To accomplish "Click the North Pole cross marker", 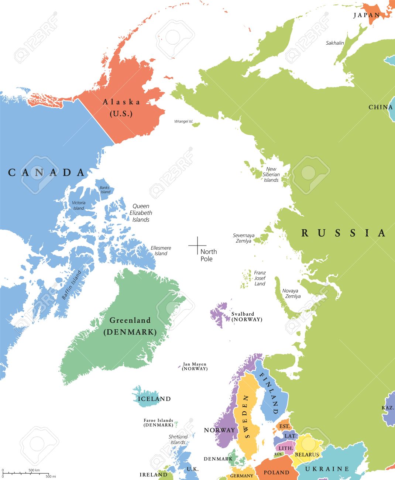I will point(197,246).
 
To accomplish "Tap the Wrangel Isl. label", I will point(183,121).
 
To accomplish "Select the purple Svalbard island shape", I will point(219,314).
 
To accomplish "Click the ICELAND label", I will point(154,399).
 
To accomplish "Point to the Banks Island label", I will point(105,190).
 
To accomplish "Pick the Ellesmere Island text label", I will point(161,251).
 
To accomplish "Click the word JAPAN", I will point(367,15).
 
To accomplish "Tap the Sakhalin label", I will point(335,43).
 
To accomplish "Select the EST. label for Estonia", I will point(284,426).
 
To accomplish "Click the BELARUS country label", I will point(307,455).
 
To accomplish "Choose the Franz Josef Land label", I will point(260,278).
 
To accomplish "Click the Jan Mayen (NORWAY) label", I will point(195,366).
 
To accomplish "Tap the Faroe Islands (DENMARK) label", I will point(158,423).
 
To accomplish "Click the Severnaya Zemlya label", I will point(244,238).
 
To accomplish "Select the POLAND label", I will point(276,473).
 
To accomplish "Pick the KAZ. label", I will point(387,408).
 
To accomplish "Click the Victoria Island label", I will point(79,205).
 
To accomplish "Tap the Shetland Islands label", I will point(178,439).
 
